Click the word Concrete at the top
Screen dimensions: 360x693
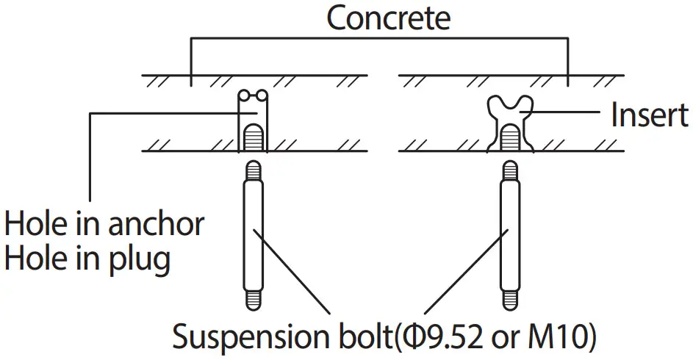click(387, 18)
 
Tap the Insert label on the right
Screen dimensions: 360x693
click(649, 115)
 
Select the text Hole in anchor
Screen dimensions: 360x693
click(104, 224)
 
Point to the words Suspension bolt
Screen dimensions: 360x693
click(282, 336)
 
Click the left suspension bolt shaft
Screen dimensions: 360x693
click(251, 235)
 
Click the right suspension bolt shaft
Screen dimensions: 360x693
click(508, 235)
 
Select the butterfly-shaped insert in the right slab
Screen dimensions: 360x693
click(509, 110)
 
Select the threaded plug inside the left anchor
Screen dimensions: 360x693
click(251, 137)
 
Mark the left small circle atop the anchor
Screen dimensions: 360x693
click(245, 95)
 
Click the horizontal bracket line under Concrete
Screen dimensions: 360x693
click(378, 39)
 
